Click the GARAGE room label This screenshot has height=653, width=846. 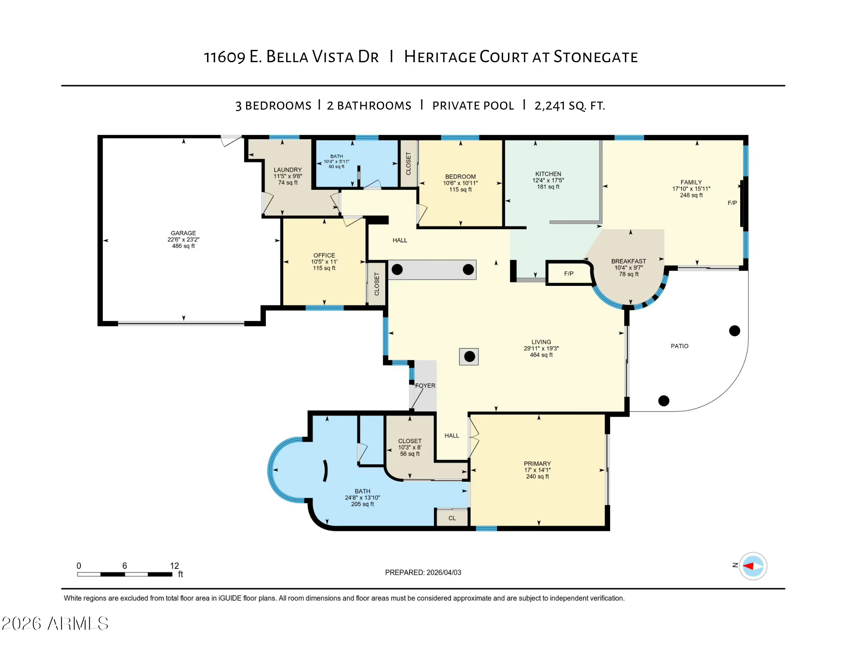pyautogui.click(x=183, y=239)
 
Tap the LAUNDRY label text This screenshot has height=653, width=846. pyautogui.click(x=288, y=176)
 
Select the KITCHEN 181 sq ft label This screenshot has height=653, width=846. pyautogui.click(x=548, y=180)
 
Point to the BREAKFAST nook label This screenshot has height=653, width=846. pyautogui.click(x=628, y=267)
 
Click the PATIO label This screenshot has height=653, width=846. pyautogui.click(x=679, y=346)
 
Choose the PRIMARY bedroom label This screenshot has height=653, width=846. pyautogui.click(x=537, y=469)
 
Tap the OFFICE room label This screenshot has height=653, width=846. pyautogui.click(x=324, y=261)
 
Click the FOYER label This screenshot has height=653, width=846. pyautogui.click(x=425, y=386)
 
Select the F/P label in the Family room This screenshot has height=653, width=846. pyautogui.click(x=732, y=203)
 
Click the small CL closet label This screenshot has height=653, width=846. pyautogui.click(x=452, y=518)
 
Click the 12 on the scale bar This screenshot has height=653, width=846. pyautogui.click(x=174, y=566)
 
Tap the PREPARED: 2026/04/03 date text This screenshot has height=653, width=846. pyautogui.click(x=423, y=572)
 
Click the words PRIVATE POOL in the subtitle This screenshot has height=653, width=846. pyautogui.click(x=473, y=106)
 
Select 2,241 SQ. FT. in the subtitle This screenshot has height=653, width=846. pyautogui.click(x=570, y=106)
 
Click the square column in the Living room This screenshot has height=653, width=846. pyautogui.click(x=469, y=357)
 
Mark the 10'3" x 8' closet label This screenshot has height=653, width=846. pyautogui.click(x=409, y=447)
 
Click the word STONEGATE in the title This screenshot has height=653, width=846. pyautogui.click(x=595, y=57)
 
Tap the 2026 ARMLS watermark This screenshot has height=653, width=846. pyautogui.click(x=55, y=623)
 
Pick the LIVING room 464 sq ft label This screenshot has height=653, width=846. pyautogui.click(x=541, y=348)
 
